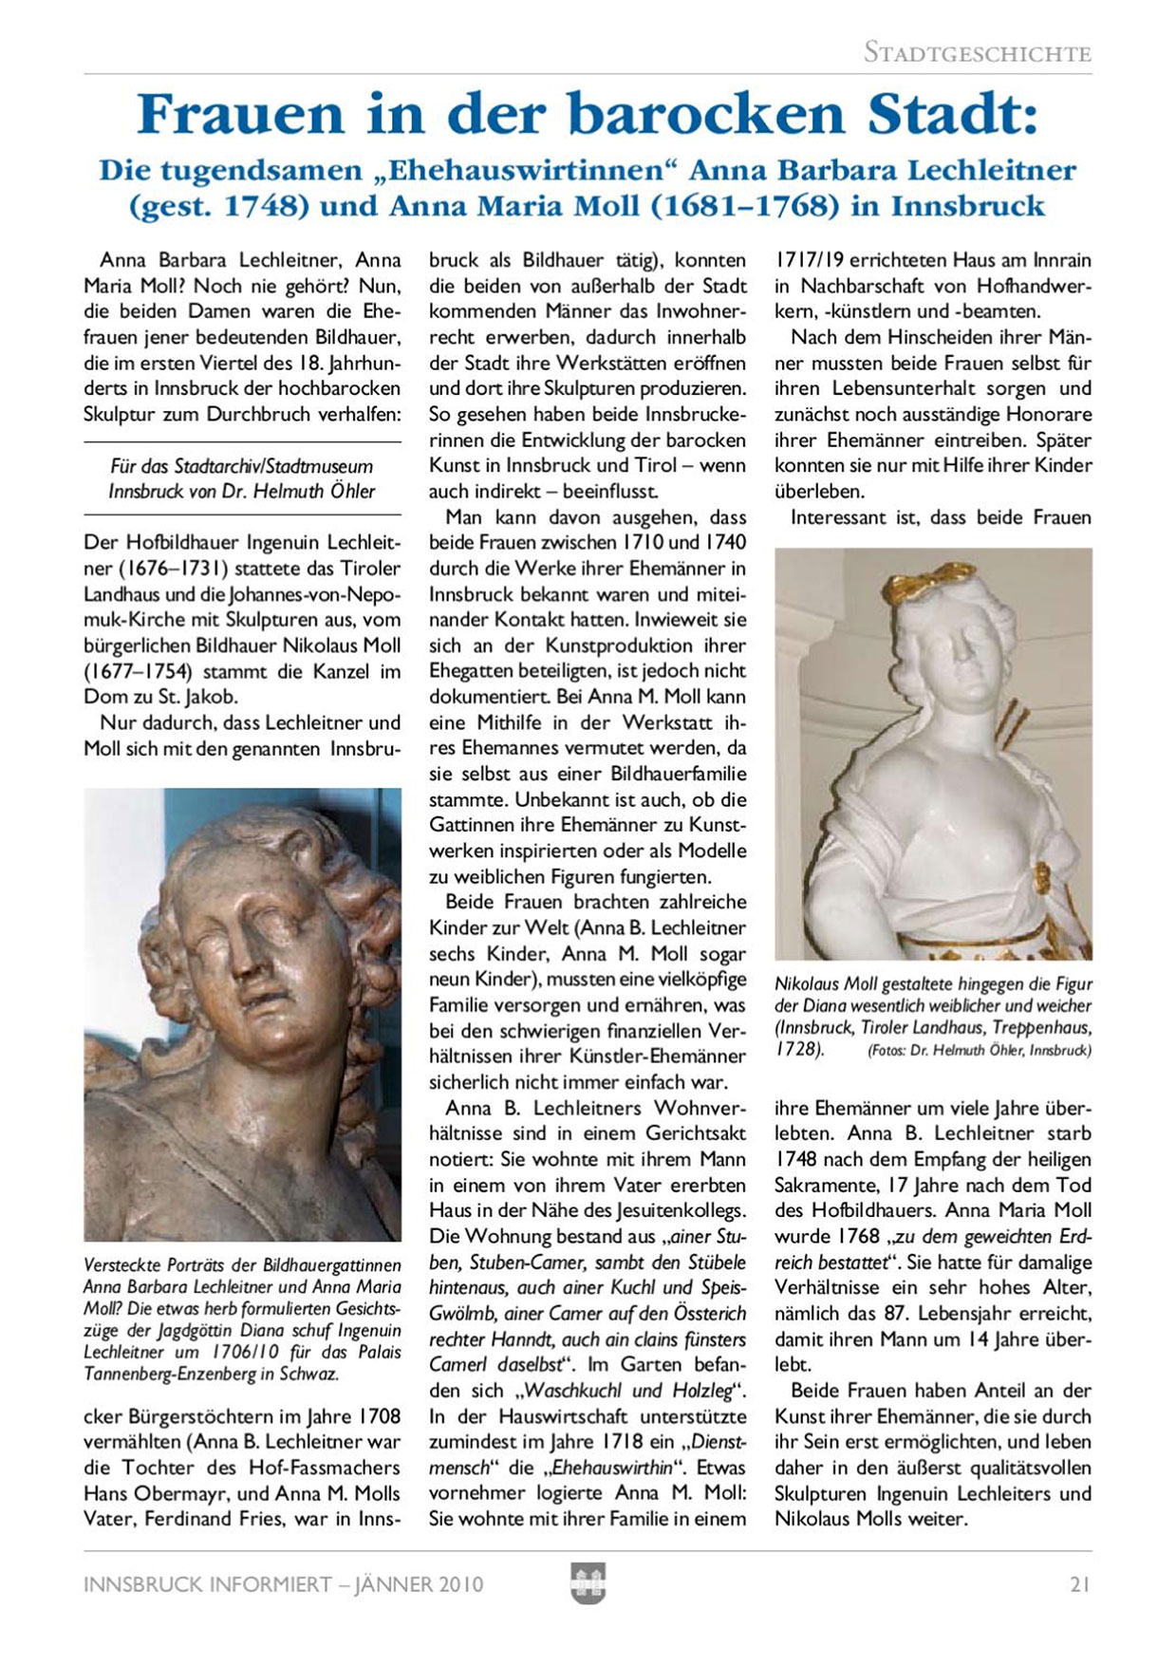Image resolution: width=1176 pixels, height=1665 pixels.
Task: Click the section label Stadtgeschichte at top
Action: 977,53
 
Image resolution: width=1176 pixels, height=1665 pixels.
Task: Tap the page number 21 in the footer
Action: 1079,1584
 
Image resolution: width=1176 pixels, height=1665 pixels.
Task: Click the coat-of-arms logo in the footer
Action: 588,1583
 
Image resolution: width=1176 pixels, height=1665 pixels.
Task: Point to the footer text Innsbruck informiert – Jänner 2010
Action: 283,1584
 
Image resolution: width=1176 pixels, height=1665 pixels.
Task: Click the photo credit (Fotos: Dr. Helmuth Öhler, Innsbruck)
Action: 979,1051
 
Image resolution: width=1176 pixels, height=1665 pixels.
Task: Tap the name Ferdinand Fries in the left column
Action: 215,1519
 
